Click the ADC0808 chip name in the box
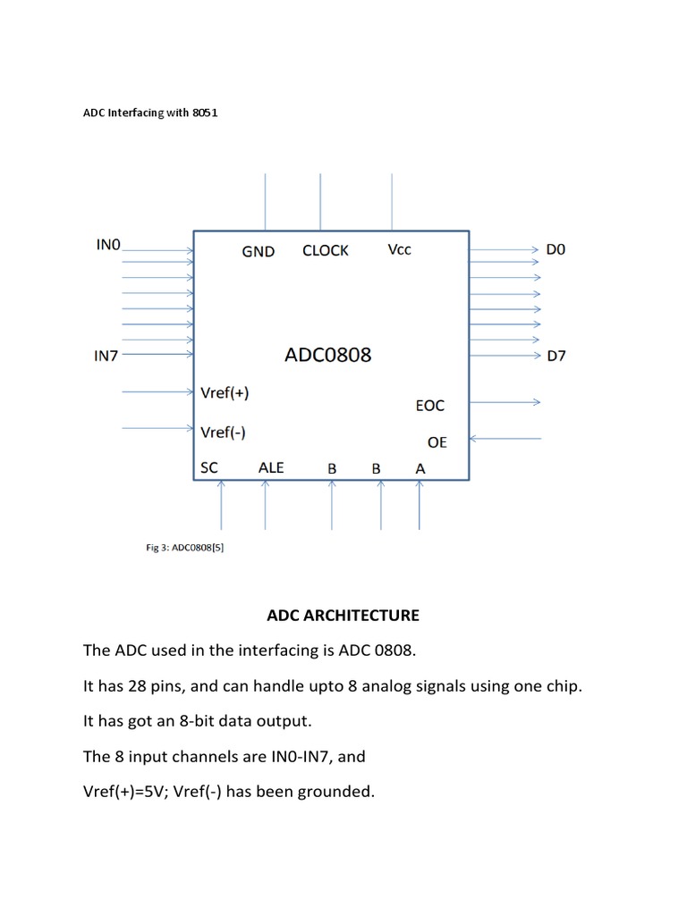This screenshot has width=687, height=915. coord(327,355)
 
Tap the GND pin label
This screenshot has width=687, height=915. coord(258,252)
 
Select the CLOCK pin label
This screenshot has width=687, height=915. coord(326,251)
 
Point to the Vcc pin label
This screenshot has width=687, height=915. coord(400,250)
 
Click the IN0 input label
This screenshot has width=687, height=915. coord(107,243)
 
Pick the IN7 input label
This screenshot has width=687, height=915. coord(106,356)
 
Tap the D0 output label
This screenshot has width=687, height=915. coord(556,250)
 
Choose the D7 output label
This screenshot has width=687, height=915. coord(556,357)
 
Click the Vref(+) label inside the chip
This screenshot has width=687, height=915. coord(225,392)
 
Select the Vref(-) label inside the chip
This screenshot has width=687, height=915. coord(223,432)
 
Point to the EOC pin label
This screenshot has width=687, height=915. coord(429,406)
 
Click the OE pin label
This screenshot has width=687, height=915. coord(437,442)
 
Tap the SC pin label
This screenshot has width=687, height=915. coord(208,467)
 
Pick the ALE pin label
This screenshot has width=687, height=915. coord(270,467)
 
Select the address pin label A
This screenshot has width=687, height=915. coord(420,468)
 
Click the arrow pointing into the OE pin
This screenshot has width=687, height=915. coord(505,439)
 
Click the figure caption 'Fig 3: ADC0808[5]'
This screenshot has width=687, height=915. coord(184,549)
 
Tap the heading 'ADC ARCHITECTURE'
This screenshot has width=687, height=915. coord(343,616)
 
